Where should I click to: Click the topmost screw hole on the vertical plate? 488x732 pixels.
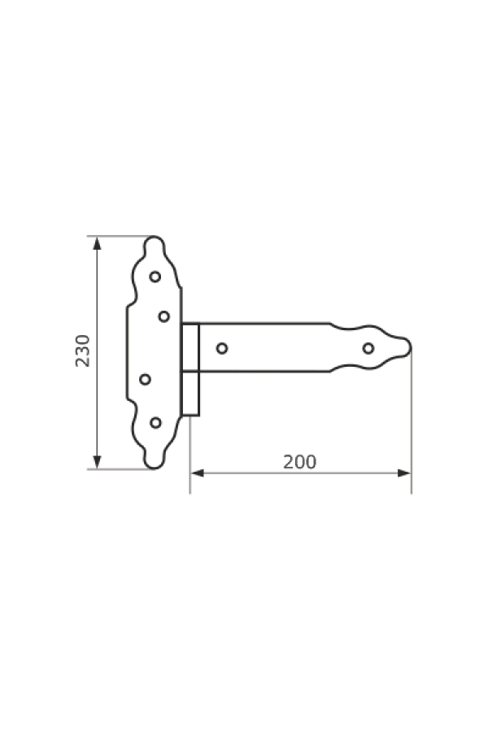point(155,277)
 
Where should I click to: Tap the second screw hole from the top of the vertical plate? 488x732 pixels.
point(163,315)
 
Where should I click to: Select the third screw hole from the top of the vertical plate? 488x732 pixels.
point(146,378)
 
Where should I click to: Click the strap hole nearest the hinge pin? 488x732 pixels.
point(221,349)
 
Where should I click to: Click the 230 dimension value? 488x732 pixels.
point(81,350)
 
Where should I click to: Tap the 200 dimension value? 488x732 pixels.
point(299,462)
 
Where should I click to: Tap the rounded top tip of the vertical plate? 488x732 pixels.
point(154,238)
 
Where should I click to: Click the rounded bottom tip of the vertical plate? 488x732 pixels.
point(154,468)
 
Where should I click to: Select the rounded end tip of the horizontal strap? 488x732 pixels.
point(412,349)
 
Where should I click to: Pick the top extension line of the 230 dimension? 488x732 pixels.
point(118,236)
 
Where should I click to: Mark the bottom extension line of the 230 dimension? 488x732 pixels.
point(118,469)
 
